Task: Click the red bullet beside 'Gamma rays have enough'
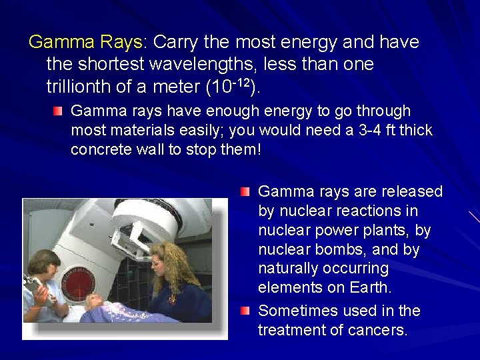point(59,110)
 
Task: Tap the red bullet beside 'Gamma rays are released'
point(246,192)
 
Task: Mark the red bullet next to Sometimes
point(246,311)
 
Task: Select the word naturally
point(291,269)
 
